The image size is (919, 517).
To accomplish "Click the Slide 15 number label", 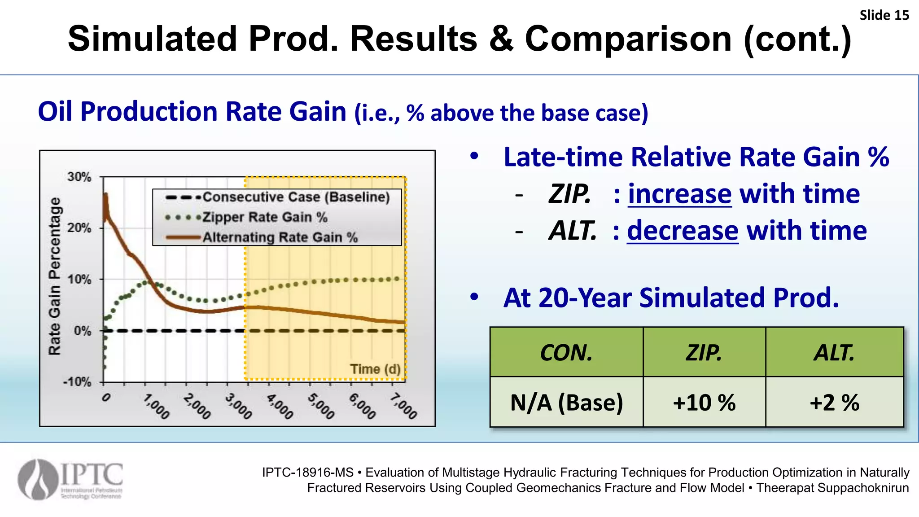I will coord(884,15).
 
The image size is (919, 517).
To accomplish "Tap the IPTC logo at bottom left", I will coord(70,479).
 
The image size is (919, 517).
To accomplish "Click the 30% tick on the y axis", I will coord(79,177).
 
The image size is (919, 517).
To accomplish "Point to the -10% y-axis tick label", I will coord(77,382).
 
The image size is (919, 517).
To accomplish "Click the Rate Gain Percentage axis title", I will coord(54,276).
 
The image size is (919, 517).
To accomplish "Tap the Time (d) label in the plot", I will coord(375,369).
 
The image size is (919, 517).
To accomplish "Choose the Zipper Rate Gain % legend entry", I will coord(265,217).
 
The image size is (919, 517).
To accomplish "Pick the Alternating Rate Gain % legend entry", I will coord(280,237).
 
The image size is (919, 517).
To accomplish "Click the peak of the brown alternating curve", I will coord(106,195).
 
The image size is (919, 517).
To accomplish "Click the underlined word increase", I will coord(679,194).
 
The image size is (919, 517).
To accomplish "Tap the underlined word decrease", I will coord(682,231).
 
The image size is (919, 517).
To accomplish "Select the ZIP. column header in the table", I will coord(704,352).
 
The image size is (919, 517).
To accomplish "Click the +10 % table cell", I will coord(704,402).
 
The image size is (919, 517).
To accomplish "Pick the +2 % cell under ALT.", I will coord(834,402).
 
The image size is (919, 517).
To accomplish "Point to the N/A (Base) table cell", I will coord(566,402).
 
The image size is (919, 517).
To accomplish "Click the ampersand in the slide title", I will coord(501,39).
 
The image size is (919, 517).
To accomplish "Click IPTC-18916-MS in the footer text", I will coord(307,472).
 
